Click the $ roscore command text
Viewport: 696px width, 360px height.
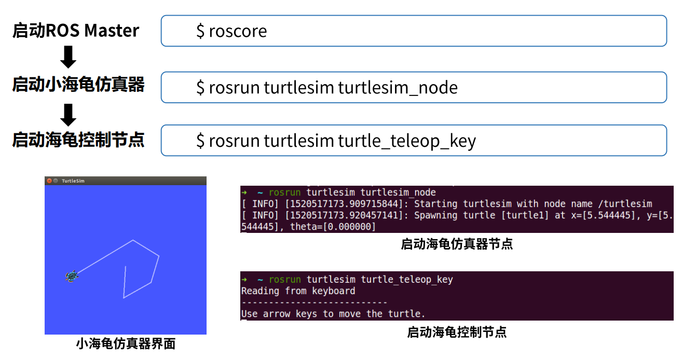pyautogui.click(x=231, y=31)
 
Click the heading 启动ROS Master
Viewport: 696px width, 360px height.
pyautogui.click(x=76, y=31)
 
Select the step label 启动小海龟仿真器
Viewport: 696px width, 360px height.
pyautogui.click(x=78, y=84)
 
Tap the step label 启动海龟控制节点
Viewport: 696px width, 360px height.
pyautogui.click(x=78, y=140)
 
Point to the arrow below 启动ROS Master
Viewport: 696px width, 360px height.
pyautogui.click(x=68, y=57)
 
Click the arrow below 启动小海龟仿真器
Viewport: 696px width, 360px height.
pyautogui.click(x=68, y=115)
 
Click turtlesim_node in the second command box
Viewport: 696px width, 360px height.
pyautogui.click(x=398, y=88)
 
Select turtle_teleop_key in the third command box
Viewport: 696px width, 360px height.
pyautogui.click(x=407, y=141)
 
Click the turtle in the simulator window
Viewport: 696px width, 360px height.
pyautogui.click(x=72, y=276)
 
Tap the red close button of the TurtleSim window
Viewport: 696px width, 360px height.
pyautogui.click(x=49, y=181)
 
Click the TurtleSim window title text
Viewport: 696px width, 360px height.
pyautogui.click(x=73, y=181)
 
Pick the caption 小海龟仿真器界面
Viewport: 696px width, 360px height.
pyautogui.click(x=126, y=343)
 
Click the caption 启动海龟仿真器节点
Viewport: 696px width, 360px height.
pyautogui.click(x=457, y=244)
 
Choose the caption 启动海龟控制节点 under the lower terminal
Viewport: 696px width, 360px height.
pyautogui.click(x=457, y=332)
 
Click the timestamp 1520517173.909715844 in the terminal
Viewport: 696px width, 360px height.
pyautogui.click(x=344, y=204)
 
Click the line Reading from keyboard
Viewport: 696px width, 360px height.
pyautogui.click(x=298, y=291)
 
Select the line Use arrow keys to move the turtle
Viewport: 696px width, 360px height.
pyautogui.click(x=333, y=314)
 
